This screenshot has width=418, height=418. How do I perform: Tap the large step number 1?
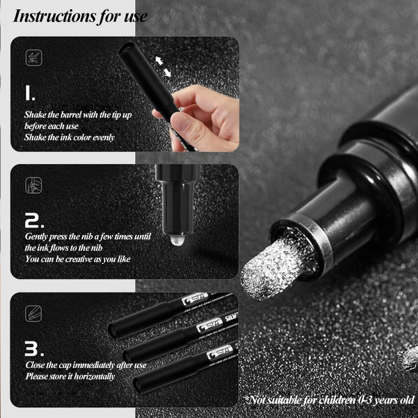pyautogui.click(x=30, y=93)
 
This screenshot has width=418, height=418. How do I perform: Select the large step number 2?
pyautogui.click(x=34, y=220)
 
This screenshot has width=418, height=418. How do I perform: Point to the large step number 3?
pyautogui.click(x=34, y=349)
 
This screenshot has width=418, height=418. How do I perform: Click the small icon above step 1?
pyautogui.click(x=34, y=57)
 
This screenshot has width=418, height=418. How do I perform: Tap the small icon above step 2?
pyautogui.click(x=34, y=185)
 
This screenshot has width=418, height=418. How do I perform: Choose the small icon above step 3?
pyautogui.click(x=34, y=313)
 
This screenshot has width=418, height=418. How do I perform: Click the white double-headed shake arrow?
pyautogui.click(x=163, y=66)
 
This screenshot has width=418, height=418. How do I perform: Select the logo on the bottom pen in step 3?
pyautogui.click(x=219, y=353)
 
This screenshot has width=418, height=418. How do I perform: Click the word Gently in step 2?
pyautogui.click(x=37, y=237)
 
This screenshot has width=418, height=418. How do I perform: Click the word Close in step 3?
pyautogui.click(x=35, y=365)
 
